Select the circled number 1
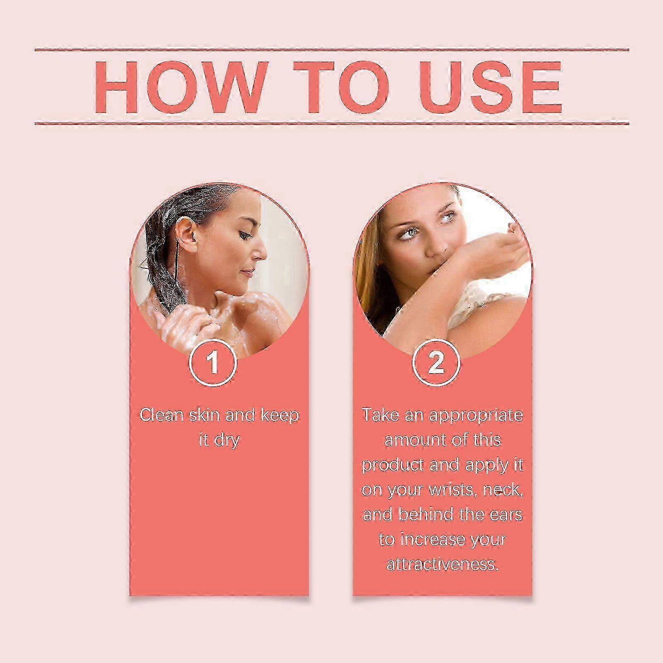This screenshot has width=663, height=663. [x=213, y=362]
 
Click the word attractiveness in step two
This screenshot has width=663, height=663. [x=442, y=564]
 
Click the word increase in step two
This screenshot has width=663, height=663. [x=442, y=540]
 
